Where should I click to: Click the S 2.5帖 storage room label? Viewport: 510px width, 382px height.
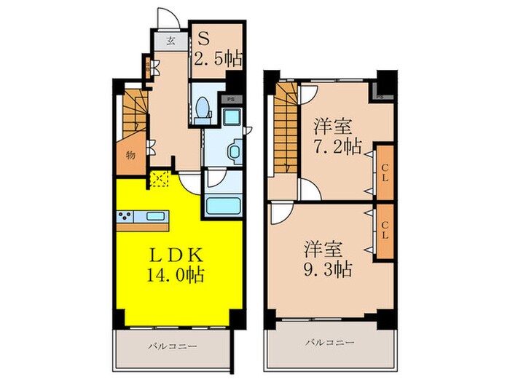click(217, 48)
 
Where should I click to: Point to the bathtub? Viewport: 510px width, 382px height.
click(224, 204)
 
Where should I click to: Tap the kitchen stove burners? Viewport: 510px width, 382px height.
click(125, 216)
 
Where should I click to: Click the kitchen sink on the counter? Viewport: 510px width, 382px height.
click(157, 216)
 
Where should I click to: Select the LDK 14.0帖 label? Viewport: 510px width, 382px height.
click(177, 266)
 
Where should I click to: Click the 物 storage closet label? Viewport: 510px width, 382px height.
click(130, 154)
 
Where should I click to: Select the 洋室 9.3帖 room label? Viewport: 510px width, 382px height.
click(328, 259)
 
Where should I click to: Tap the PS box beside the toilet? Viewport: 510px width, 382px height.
click(231, 99)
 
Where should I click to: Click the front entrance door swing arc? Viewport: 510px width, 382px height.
click(166, 16)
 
